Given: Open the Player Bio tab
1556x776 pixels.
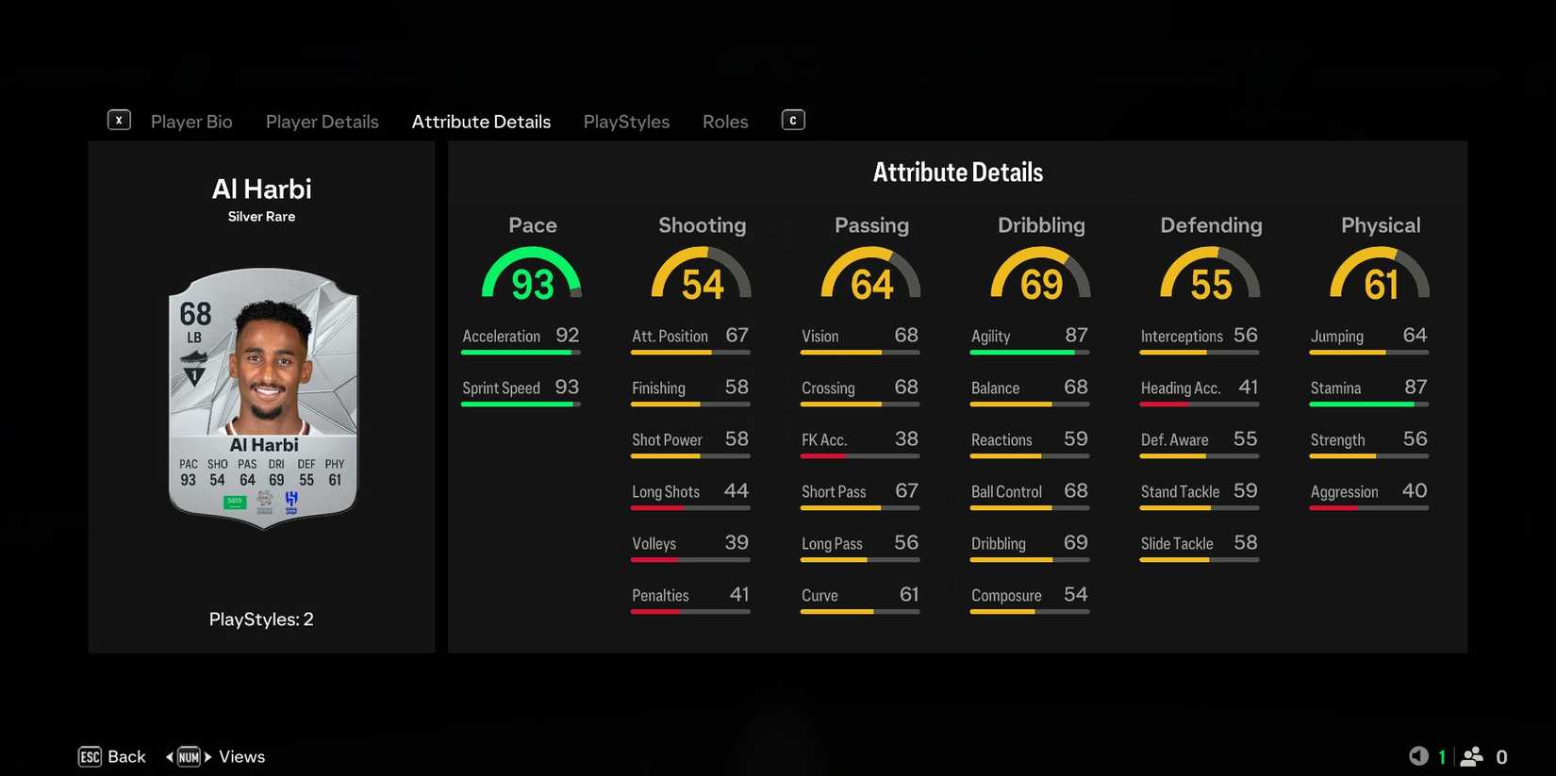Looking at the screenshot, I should (191, 122).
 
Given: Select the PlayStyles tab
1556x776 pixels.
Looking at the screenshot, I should (626, 122).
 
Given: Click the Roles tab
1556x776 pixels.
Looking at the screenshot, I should (725, 122).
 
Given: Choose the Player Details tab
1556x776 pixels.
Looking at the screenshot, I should (322, 122).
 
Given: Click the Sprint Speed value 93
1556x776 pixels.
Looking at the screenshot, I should (567, 388).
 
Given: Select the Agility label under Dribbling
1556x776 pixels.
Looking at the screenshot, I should (990, 337).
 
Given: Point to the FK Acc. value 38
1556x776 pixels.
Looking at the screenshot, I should (906, 439).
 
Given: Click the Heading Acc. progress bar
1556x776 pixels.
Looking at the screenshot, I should (1199, 405).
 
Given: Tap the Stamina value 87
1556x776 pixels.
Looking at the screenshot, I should (1415, 388).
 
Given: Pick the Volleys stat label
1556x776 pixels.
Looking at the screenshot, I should (654, 544).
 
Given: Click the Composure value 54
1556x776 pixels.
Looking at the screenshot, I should (1075, 595).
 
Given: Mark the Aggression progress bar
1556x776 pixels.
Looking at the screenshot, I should (1368, 508).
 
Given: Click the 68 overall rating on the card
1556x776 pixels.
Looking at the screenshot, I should (195, 313).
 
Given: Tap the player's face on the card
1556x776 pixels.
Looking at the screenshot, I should (270, 363).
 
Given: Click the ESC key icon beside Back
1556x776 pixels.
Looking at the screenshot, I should (90, 757).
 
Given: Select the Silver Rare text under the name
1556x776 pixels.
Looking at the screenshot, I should (261, 217).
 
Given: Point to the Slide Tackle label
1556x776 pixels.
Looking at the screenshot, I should (1176, 544).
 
